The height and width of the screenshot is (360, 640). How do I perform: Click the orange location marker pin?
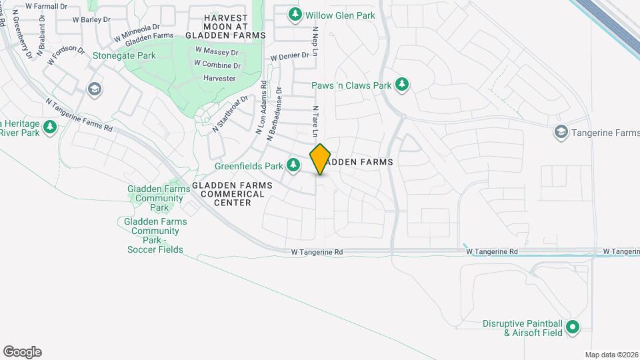[321, 159]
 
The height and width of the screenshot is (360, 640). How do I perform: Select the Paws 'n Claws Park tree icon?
[401, 85]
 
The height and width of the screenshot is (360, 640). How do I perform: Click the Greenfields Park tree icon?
[293, 165]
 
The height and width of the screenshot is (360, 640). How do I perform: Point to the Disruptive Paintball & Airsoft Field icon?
[572, 327]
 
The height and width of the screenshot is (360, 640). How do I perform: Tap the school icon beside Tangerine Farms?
[561, 133]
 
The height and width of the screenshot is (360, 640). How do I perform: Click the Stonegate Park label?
[124, 55]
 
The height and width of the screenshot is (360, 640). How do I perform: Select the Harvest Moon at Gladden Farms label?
[225, 26]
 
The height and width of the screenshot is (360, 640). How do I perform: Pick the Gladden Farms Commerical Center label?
[228, 193]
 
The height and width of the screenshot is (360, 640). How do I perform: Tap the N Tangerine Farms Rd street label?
[79, 114]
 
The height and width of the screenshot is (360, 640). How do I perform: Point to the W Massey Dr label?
[217, 51]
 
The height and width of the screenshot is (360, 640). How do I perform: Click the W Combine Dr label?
[217, 65]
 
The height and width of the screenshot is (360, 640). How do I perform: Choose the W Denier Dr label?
[290, 57]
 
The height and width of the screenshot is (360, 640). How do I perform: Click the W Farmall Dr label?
[47, 6]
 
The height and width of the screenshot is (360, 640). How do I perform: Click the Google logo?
[22, 352]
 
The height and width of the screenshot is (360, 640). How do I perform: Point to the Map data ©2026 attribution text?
[611, 355]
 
